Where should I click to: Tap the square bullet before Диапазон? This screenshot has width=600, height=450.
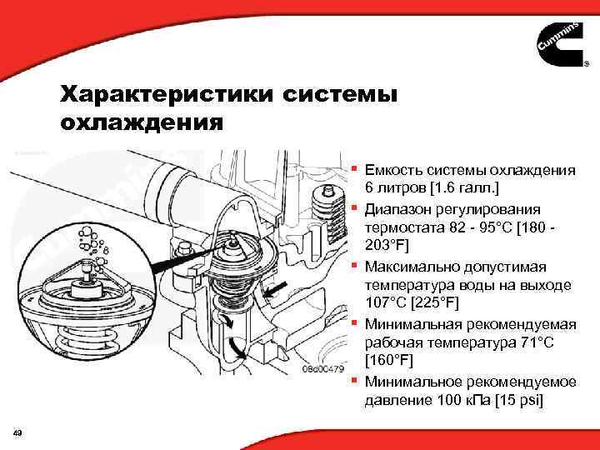point(354,207)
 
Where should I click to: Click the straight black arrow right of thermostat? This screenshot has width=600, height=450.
point(276,292)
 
